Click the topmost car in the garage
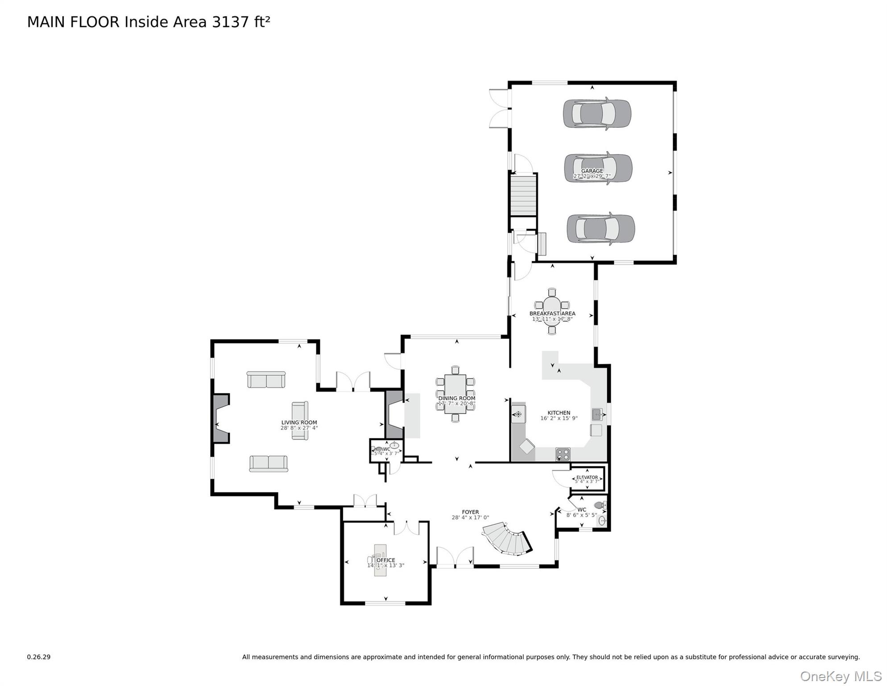coord(597,113)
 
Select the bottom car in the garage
coord(601,229)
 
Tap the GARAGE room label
coord(592,171)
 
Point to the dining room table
coord(455,394)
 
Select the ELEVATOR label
coord(587,477)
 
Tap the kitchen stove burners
coord(563,454)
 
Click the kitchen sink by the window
coord(597,414)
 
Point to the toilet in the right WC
coord(600,505)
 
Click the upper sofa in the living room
coord(266,380)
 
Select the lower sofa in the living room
coord(269,464)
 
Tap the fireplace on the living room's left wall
coord(220,418)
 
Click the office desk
coord(380,560)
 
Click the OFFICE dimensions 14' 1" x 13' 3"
coord(385,565)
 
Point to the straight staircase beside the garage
coord(523,195)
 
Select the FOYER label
coord(470,512)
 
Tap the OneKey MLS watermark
coord(841,676)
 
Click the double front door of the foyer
coord(455,557)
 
